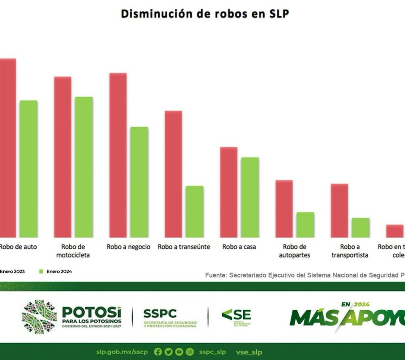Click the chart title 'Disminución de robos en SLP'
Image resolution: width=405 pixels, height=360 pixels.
[x=205, y=14]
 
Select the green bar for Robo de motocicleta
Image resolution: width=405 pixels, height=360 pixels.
[x=84, y=167]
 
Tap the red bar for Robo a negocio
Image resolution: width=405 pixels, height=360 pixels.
[x=118, y=155]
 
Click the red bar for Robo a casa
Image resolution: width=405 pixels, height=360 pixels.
[x=229, y=192]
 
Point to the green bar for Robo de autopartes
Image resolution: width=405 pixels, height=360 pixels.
[x=305, y=224]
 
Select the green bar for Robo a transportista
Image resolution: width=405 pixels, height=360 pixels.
[x=360, y=227]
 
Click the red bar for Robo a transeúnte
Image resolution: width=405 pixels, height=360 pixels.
[x=173, y=174]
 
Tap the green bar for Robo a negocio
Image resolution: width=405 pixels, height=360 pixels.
[x=139, y=182]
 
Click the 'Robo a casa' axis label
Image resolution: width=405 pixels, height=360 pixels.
[x=239, y=247]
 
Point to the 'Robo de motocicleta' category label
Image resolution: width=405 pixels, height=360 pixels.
[x=73, y=251]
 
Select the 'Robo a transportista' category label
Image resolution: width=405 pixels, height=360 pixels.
[x=350, y=251]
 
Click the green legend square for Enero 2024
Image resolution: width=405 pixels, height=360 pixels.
[x=41, y=271]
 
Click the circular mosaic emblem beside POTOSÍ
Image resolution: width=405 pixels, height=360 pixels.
[x=40, y=317]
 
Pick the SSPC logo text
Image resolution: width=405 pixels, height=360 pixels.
[x=160, y=313]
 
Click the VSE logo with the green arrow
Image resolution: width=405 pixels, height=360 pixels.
[x=236, y=317]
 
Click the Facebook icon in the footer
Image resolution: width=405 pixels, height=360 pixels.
[x=158, y=352]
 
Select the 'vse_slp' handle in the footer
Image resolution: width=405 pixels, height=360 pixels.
[x=249, y=352]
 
